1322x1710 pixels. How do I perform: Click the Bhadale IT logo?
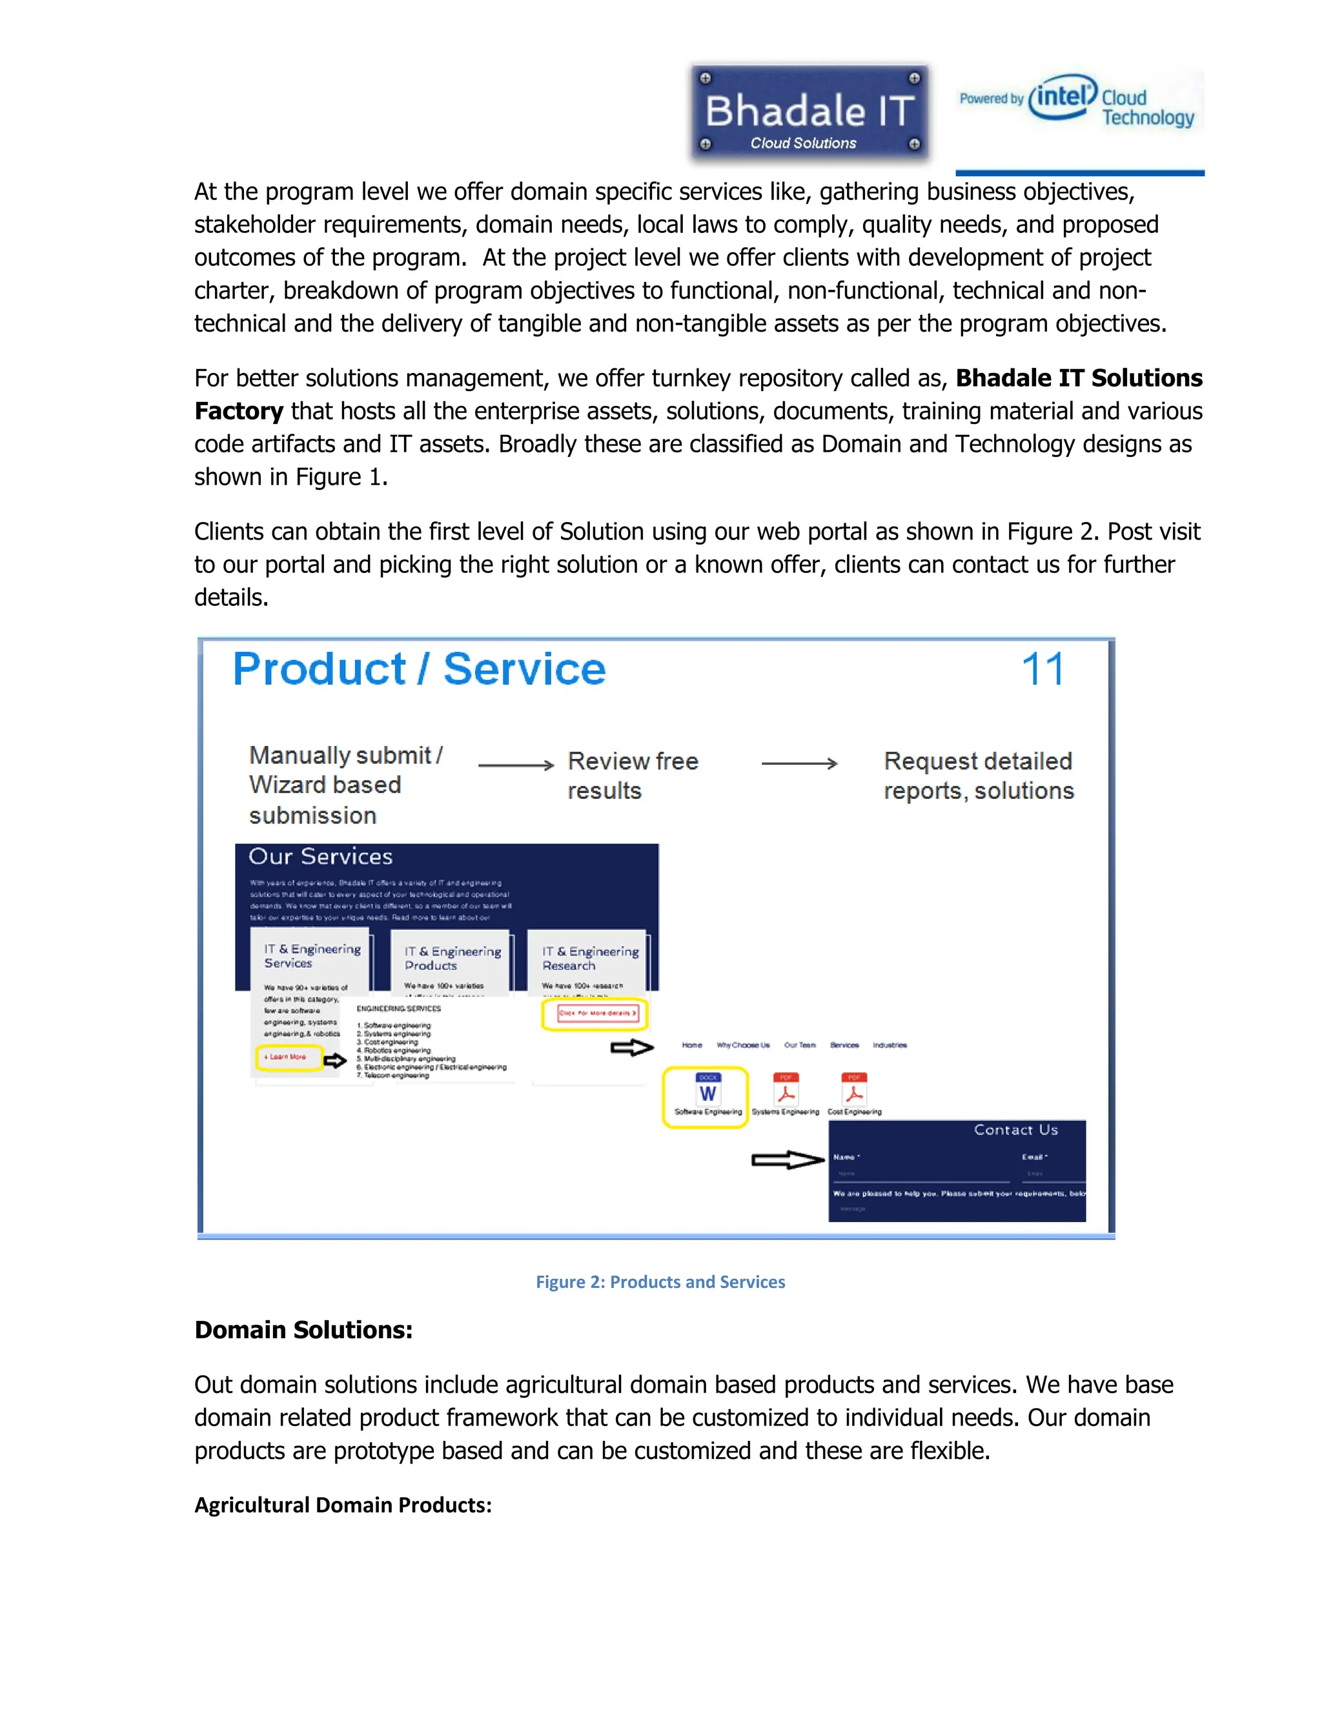point(809,114)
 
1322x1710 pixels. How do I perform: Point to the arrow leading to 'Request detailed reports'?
point(799,763)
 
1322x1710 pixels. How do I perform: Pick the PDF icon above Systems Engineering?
point(786,1089)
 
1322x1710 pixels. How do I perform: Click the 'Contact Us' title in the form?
point(1016,1130)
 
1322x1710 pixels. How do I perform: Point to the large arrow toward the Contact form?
point(787,1160)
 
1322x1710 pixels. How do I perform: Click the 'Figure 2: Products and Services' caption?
point(660,1282)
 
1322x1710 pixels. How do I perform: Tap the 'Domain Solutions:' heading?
point(303,1331)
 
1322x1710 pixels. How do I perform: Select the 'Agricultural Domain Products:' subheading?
point(343,1505)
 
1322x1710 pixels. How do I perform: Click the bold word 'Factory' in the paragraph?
point(238,411)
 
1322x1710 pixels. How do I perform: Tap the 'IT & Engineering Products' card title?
point(452,958)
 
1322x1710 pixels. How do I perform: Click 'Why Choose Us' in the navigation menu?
point(742,1045)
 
